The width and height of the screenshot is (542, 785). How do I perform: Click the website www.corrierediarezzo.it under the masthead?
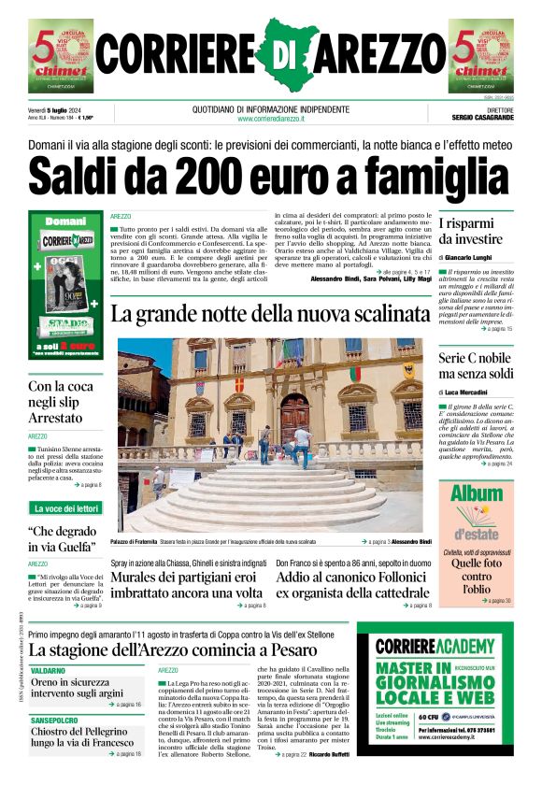(x=271, y=119)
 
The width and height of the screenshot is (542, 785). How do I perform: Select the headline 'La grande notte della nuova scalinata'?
(x=264, y=313)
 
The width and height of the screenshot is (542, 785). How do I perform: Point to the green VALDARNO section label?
(x=48, y=671)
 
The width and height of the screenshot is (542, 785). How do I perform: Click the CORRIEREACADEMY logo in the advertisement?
(x=435, y=647)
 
